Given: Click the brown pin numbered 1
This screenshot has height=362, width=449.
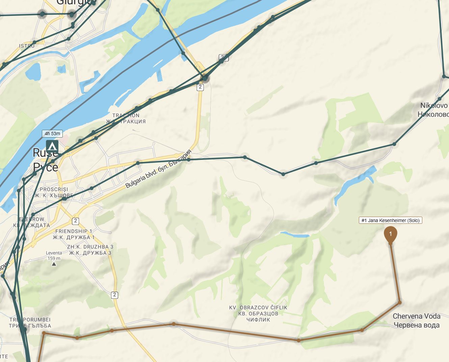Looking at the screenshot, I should pos(391,234).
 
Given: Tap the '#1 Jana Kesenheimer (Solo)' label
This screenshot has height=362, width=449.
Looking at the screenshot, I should pos(390,220).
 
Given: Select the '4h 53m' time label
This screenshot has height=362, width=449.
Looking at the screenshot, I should pos(52,134).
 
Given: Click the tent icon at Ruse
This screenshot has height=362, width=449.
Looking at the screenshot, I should pos(52,147).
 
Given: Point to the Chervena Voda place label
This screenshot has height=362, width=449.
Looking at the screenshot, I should pos(416,320).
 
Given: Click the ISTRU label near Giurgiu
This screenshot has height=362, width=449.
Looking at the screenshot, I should pos(27,46).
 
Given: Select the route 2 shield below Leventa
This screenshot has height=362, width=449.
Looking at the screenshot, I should pos(114,295).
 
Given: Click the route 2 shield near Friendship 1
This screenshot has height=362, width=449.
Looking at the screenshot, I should pos(75,221).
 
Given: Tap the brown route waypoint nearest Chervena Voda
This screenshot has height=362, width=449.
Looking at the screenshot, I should pos(399,303).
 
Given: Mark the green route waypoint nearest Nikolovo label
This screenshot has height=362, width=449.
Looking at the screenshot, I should pos(440,99).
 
